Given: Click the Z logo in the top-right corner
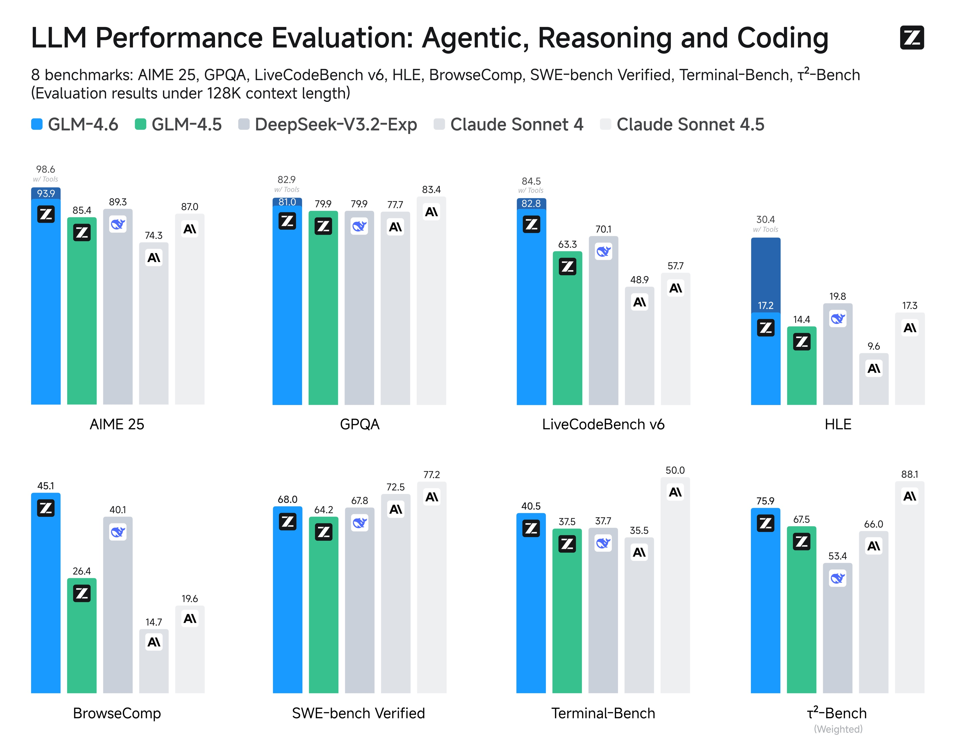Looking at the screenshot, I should point(912,38).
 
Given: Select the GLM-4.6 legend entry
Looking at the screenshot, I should point(74,125).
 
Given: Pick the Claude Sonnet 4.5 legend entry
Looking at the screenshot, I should point(682,125).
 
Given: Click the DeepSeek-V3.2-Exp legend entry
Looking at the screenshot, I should point(328,125).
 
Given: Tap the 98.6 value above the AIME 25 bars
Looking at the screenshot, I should point(46,169).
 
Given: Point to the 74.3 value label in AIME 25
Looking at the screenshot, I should point(153,236).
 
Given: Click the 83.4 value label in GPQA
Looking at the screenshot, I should point(431,190).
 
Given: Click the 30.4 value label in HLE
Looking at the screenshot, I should point(765,220).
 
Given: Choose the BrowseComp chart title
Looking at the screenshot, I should point(117,713).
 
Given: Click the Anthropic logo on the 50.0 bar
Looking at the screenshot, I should point(675,493).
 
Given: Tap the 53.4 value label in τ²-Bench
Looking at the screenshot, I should point(837,556).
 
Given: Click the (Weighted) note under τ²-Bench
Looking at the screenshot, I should point(838,729).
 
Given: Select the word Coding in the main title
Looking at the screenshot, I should point(783,38).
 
